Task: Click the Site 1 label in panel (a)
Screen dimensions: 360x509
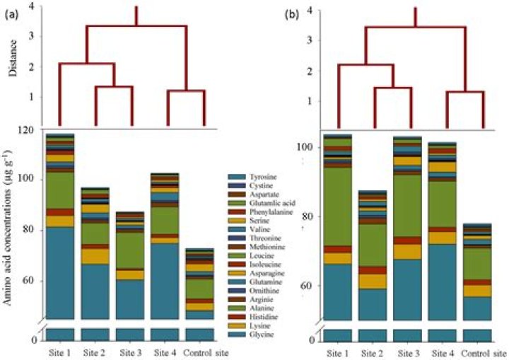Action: [60, 352]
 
